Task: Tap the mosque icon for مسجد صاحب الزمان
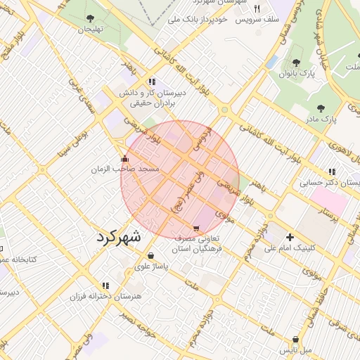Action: tap(125, 159)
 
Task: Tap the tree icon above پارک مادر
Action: tap(321, 108)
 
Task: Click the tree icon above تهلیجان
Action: tap(90, 18)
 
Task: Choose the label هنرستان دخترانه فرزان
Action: tap(105, 297)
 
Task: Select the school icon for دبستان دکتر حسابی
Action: tap(331, 171)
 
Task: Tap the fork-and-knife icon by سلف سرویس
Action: tap(257, 8)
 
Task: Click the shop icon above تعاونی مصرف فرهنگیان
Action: tap(195, 229)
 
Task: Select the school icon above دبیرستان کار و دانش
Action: tap(152, 82)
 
